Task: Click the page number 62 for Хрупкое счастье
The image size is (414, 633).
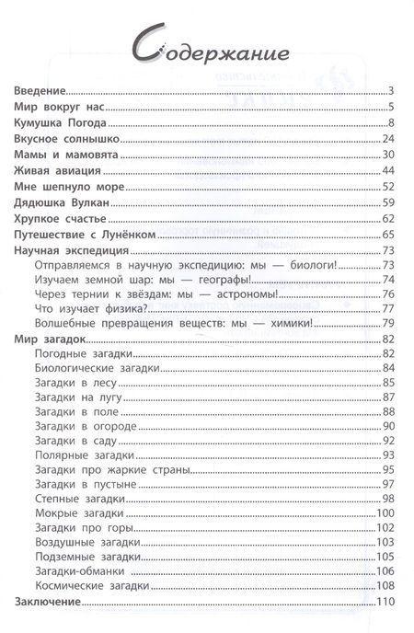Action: pyautogui.click(x=387, y=218)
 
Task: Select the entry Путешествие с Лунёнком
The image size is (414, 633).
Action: pyautogui.click(x=85, y=235)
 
